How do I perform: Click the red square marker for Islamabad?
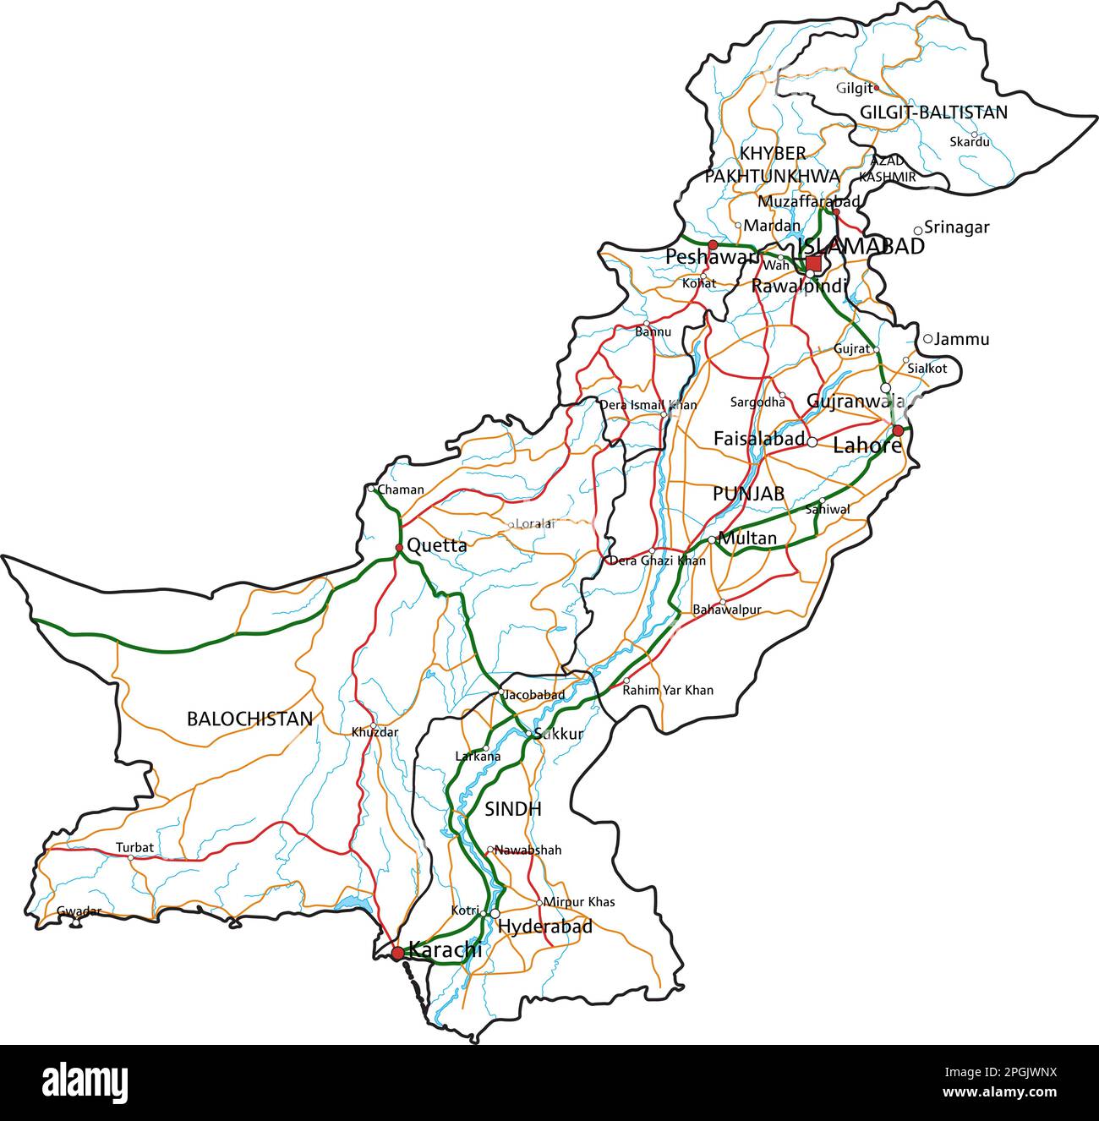(813, 263)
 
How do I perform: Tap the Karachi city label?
(445, 949)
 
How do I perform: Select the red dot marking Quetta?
(399, 548)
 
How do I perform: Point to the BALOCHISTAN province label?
(249, 719)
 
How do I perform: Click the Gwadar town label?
(79, 910)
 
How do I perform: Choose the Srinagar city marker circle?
(918, 230)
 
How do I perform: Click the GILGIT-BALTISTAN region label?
(933, 112)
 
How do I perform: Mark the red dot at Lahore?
(898, 430)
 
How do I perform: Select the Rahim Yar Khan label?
(668, 690)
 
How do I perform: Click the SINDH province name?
(512, 809)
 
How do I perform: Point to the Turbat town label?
(134, 847)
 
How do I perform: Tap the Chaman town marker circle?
(371, 489)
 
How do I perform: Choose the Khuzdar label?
(375, 733)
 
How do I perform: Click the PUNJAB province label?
(748, 493)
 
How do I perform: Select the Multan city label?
(747, 538)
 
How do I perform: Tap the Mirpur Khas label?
(579, 902)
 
